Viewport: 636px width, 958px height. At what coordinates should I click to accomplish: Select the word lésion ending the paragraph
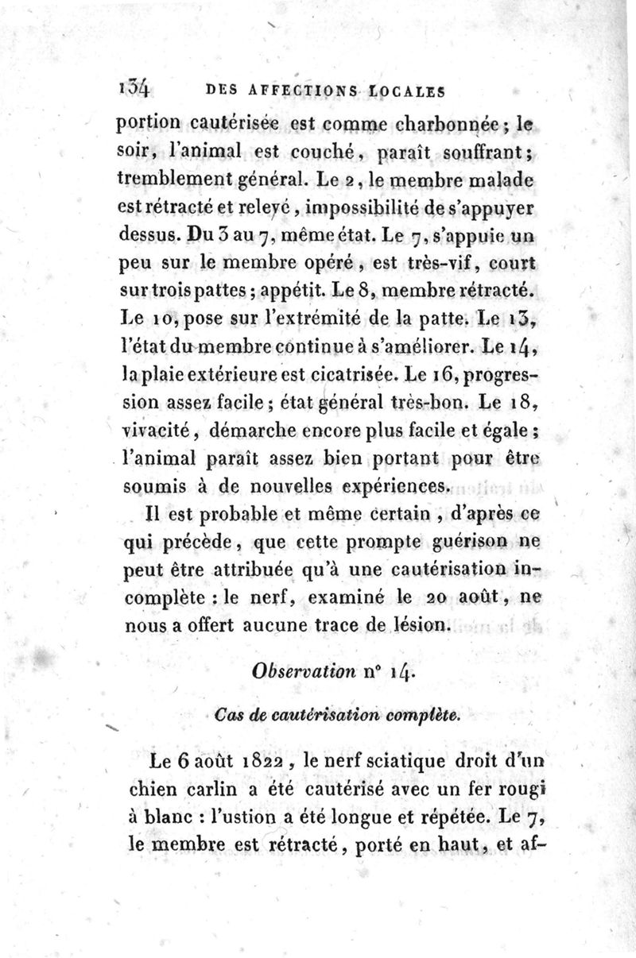click(420, 625)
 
